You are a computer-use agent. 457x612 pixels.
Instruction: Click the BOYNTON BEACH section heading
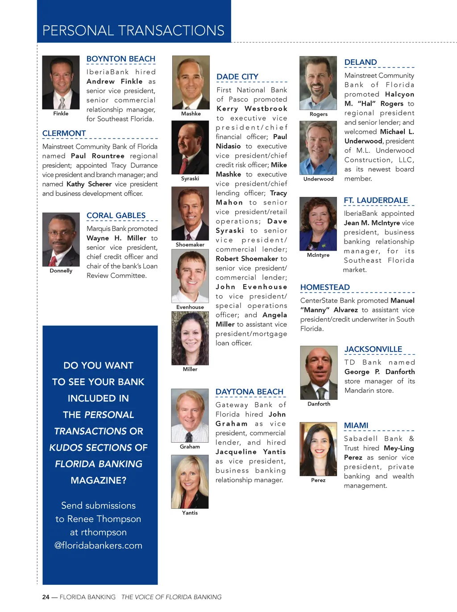tap(120, 59)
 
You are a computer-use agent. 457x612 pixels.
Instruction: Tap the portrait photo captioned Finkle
tap(61, 83)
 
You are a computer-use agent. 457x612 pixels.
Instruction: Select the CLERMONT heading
tap(64, 134)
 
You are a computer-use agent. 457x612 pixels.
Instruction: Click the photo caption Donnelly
tap(61, 271)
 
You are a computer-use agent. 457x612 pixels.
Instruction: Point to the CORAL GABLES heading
tap(116, 216)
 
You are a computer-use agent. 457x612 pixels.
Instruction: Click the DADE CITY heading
tap(237, 77)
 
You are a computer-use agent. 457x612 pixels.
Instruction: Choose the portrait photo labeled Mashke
tap(191, 83)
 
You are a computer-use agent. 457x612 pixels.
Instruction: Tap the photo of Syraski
tap(190, 148)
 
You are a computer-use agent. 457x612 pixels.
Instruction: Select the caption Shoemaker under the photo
tap(190, 245)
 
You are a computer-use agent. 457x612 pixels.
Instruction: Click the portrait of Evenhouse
tap(190, 276)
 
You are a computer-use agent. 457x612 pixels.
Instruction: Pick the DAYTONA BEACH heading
tap(249, 392)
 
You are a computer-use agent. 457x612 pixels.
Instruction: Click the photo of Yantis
tap(190, 482)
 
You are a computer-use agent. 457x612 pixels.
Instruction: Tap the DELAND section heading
tap(361, 63)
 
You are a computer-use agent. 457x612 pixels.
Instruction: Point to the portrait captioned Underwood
tap(318, 148)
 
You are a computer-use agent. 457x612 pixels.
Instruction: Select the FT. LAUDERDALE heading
tap(376, 201)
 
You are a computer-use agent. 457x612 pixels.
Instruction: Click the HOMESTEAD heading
tap(325, 287)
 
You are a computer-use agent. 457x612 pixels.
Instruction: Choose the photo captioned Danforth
tap(319, 373)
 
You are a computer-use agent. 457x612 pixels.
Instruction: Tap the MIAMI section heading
tap(356, 425)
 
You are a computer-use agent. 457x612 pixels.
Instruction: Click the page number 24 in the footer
tap(46, 597)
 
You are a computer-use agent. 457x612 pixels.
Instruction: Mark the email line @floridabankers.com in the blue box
tap(98, 545)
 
